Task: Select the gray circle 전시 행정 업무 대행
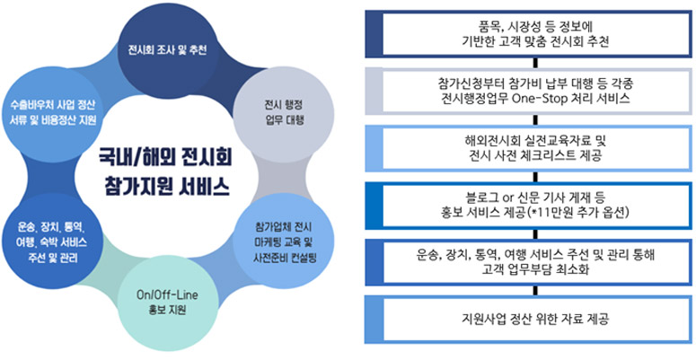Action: coord(282,113)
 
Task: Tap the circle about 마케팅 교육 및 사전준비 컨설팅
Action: coord(283,242)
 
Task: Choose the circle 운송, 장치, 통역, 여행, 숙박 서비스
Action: coord(51,242)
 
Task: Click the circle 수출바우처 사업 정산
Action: coord(51,113)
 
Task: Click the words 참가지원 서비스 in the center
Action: coord(166,188)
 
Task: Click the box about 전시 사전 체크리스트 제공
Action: coord(528,149)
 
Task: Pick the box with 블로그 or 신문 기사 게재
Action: coord(528,206)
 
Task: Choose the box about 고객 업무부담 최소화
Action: coord(528,263)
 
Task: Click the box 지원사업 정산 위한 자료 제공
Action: coord(528,320)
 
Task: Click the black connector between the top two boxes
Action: coord(536,63)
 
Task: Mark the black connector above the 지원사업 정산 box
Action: coord(536,291)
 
